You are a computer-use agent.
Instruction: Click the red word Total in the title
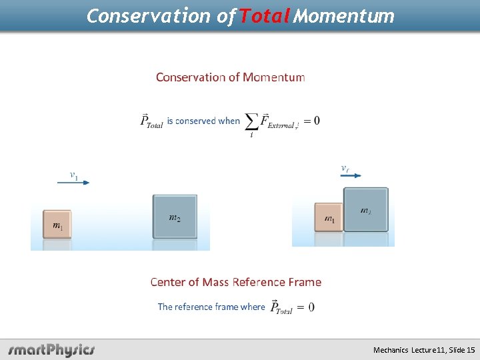coord(265,15)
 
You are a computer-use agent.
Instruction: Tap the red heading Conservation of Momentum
coord(231,77)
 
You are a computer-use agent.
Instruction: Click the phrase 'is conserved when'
coord(203,121)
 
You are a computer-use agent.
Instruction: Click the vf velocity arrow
coord(350,175)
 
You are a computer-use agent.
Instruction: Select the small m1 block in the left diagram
coord(57,225)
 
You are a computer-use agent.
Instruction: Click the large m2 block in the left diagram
coord(175,216)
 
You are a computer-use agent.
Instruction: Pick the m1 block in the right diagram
coord(329,217)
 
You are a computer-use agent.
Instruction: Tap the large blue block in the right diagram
coord(366,209)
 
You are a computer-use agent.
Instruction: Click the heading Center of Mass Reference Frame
coord(236,282)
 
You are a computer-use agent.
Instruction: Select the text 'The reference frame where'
coord(211,307)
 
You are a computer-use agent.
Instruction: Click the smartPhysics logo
coord(51,349)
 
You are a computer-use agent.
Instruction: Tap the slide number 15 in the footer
coord(470,349)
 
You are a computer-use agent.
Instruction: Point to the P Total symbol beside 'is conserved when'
coord(151,121)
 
